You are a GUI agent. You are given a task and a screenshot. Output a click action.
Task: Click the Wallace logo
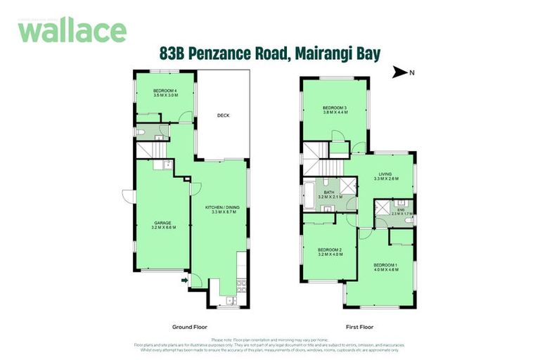[x=72, y=30]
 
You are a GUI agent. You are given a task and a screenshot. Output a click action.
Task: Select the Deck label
[x=223, y=115]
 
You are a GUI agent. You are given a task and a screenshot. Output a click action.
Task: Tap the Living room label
[x=385, y=176]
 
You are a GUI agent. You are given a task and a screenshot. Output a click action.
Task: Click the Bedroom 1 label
[x=386, y=266]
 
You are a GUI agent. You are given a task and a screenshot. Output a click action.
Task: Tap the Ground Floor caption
[x=189, y=327]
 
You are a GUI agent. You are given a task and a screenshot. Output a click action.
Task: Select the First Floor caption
[x=359, y=327]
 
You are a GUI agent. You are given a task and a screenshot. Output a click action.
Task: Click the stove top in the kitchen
[x=240, y=285]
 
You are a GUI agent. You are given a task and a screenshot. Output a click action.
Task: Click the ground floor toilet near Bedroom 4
[x=141, y=131]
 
